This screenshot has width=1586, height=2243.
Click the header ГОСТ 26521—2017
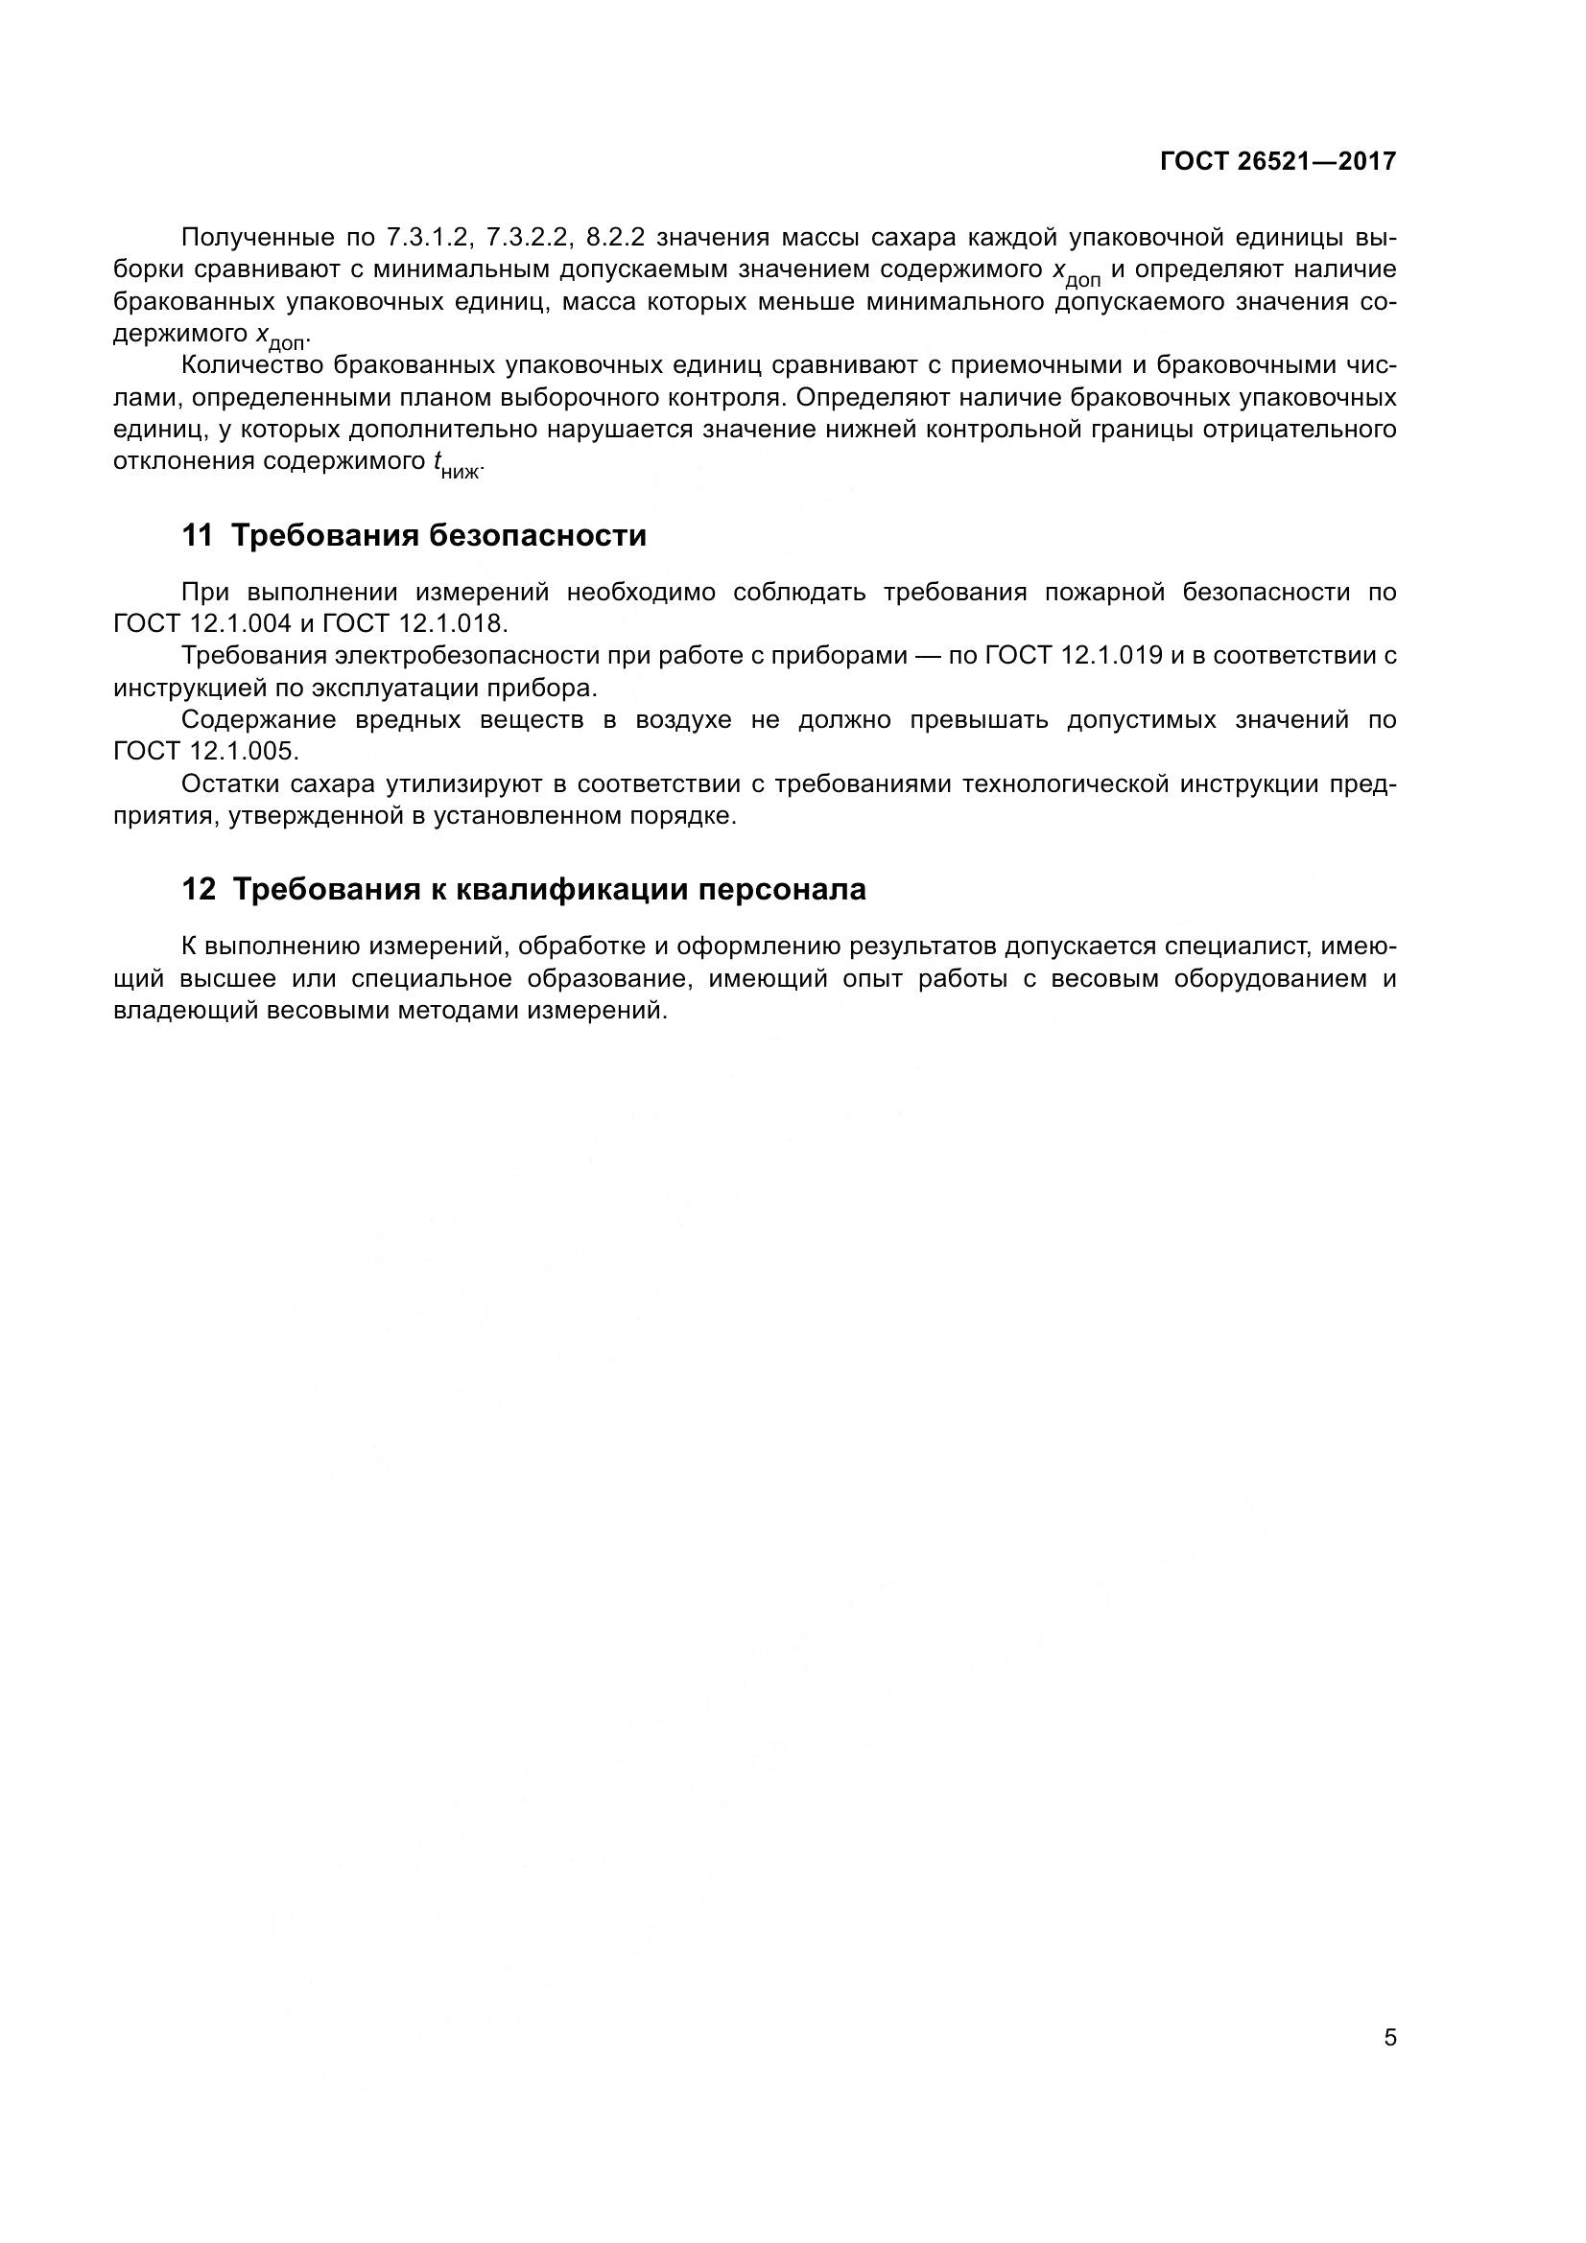point(1277,162)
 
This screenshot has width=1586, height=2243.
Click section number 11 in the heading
point(197,536)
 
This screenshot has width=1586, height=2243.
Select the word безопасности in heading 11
point(537,536)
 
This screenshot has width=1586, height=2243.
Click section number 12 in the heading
point(198,890)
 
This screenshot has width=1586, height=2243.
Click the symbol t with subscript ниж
point(456,465)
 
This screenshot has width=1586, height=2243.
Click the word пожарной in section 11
point(1102,592)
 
